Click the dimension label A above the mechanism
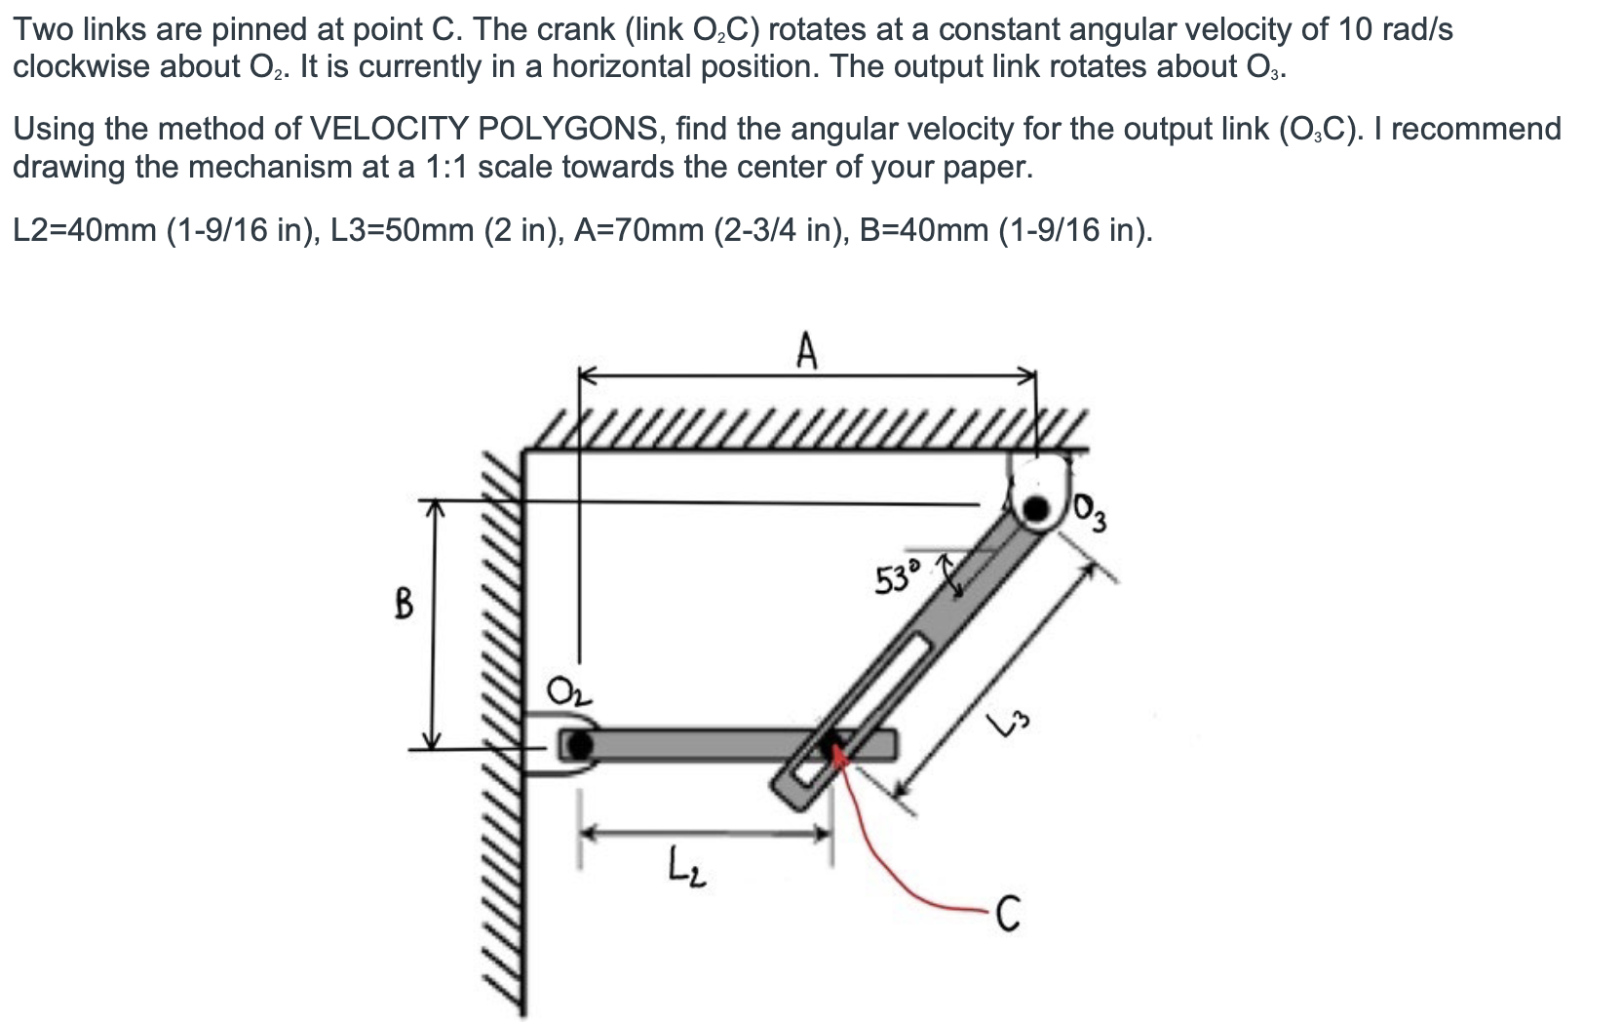coord(805,351)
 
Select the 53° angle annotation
coord(895,578)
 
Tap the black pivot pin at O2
coord(579,746)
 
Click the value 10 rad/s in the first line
coord(1394,30)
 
